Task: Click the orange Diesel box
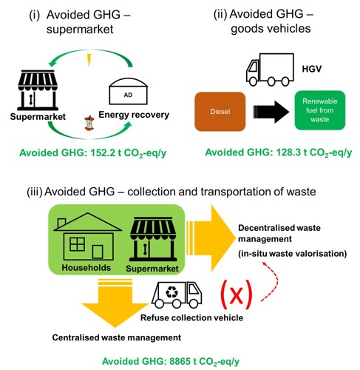pyautogui.click(x=220, y=112)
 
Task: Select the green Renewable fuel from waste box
pyautogui.click(x=320, y=110)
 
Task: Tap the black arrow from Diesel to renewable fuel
pyautogui.click(x=271, y=112)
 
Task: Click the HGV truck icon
pyautogui.click(x=270, y=70)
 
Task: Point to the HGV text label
pyautogui.click(x=312, y=69)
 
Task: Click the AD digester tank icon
pyautogui.click(x=128, y=91)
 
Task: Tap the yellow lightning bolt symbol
pyautogui.click(x=89, y=60)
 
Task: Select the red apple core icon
pyautogui.click(x=89, y=123)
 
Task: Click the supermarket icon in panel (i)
pyautogui.click(x=38, y=90)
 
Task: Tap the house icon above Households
pyautogui.click(x=87, y=237)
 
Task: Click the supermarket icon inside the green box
pyautogui.click(x=153, y=239)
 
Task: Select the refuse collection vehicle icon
pyautogui.click(x=177, y=295)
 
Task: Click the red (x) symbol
pyautogui.click(x=237, y=295)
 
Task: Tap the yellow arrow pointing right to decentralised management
pyautogui.click(x=211, y=238)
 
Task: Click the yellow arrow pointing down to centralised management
pyautogui.click(x=115, y=303)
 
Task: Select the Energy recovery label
pyautogui.click(x=134, y=115)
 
